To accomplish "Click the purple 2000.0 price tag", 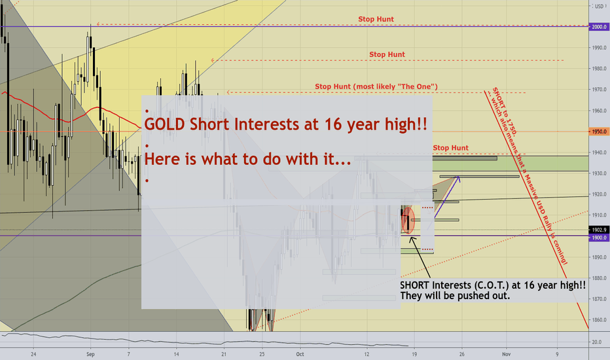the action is pyautogui.click(x=599, y=27).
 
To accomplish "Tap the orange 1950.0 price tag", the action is pyautogui.click(x=599, y=132).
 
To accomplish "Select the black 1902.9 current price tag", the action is pyautogui.click(x=599, y=230).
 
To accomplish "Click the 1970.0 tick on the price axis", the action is pyautogui.click(x=600, y=90).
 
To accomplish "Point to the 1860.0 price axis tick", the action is pyautogui.click(x=600, y=320).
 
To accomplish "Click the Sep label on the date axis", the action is pyautogui.click(x=90, y=354).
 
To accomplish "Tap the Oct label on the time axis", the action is pyautogui.click(x=300, y=354).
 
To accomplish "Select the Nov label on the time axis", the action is pyautogui.click(x=506, y=354).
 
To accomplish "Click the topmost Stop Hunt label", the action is pyautogui.click(x=376, y=19).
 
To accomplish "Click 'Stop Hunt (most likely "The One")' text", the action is pyautogui.click(x=376, y=86).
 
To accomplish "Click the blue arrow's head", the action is pyautogui.click(x=459, y=178).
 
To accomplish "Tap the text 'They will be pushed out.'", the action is pyautogui.click(x=455, y=296).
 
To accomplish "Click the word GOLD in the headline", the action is pyautogui.click(x=164, y=124).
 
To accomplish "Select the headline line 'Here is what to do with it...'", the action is pyautogui.click(x=248, y=159).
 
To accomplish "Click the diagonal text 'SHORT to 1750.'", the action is pyautogui.click(x=505, y=111).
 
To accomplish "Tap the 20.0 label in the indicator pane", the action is pyautogui.click(x=599, y=342).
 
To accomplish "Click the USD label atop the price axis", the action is pyautogui.click(x=599, y=7).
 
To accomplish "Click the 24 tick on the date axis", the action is pyautogui.click(x=33, y=354).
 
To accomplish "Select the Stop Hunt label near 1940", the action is pyautogui.click(x=450, y=148).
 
